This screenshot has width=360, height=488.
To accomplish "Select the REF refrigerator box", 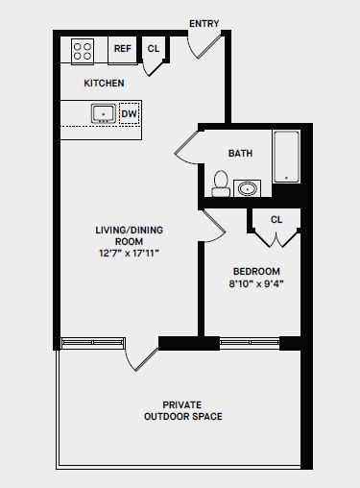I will tap(123, 49).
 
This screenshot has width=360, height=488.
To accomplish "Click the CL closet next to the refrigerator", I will tap(154, 49).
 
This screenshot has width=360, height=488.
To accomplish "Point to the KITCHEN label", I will tap(104, 84).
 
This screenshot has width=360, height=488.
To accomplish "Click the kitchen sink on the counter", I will tap(102, 113).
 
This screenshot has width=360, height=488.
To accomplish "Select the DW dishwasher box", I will tap(130, 113).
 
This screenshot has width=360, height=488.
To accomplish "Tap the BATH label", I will tap(240, 154).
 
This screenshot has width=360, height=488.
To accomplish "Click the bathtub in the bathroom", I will tap(287, 157).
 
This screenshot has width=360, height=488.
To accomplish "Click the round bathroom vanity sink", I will tap(249, 187).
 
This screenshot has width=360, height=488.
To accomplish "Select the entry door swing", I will tap(204, 46).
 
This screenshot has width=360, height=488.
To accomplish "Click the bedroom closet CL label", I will tap(276, 220).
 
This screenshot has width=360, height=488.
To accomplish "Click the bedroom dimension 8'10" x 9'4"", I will tap(255, 284).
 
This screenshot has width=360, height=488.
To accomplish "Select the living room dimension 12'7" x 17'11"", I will tap(126, 255).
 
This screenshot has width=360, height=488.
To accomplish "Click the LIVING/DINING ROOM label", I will tap(126, 235).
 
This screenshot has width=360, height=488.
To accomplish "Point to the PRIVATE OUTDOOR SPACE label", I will tap(182, 410).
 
